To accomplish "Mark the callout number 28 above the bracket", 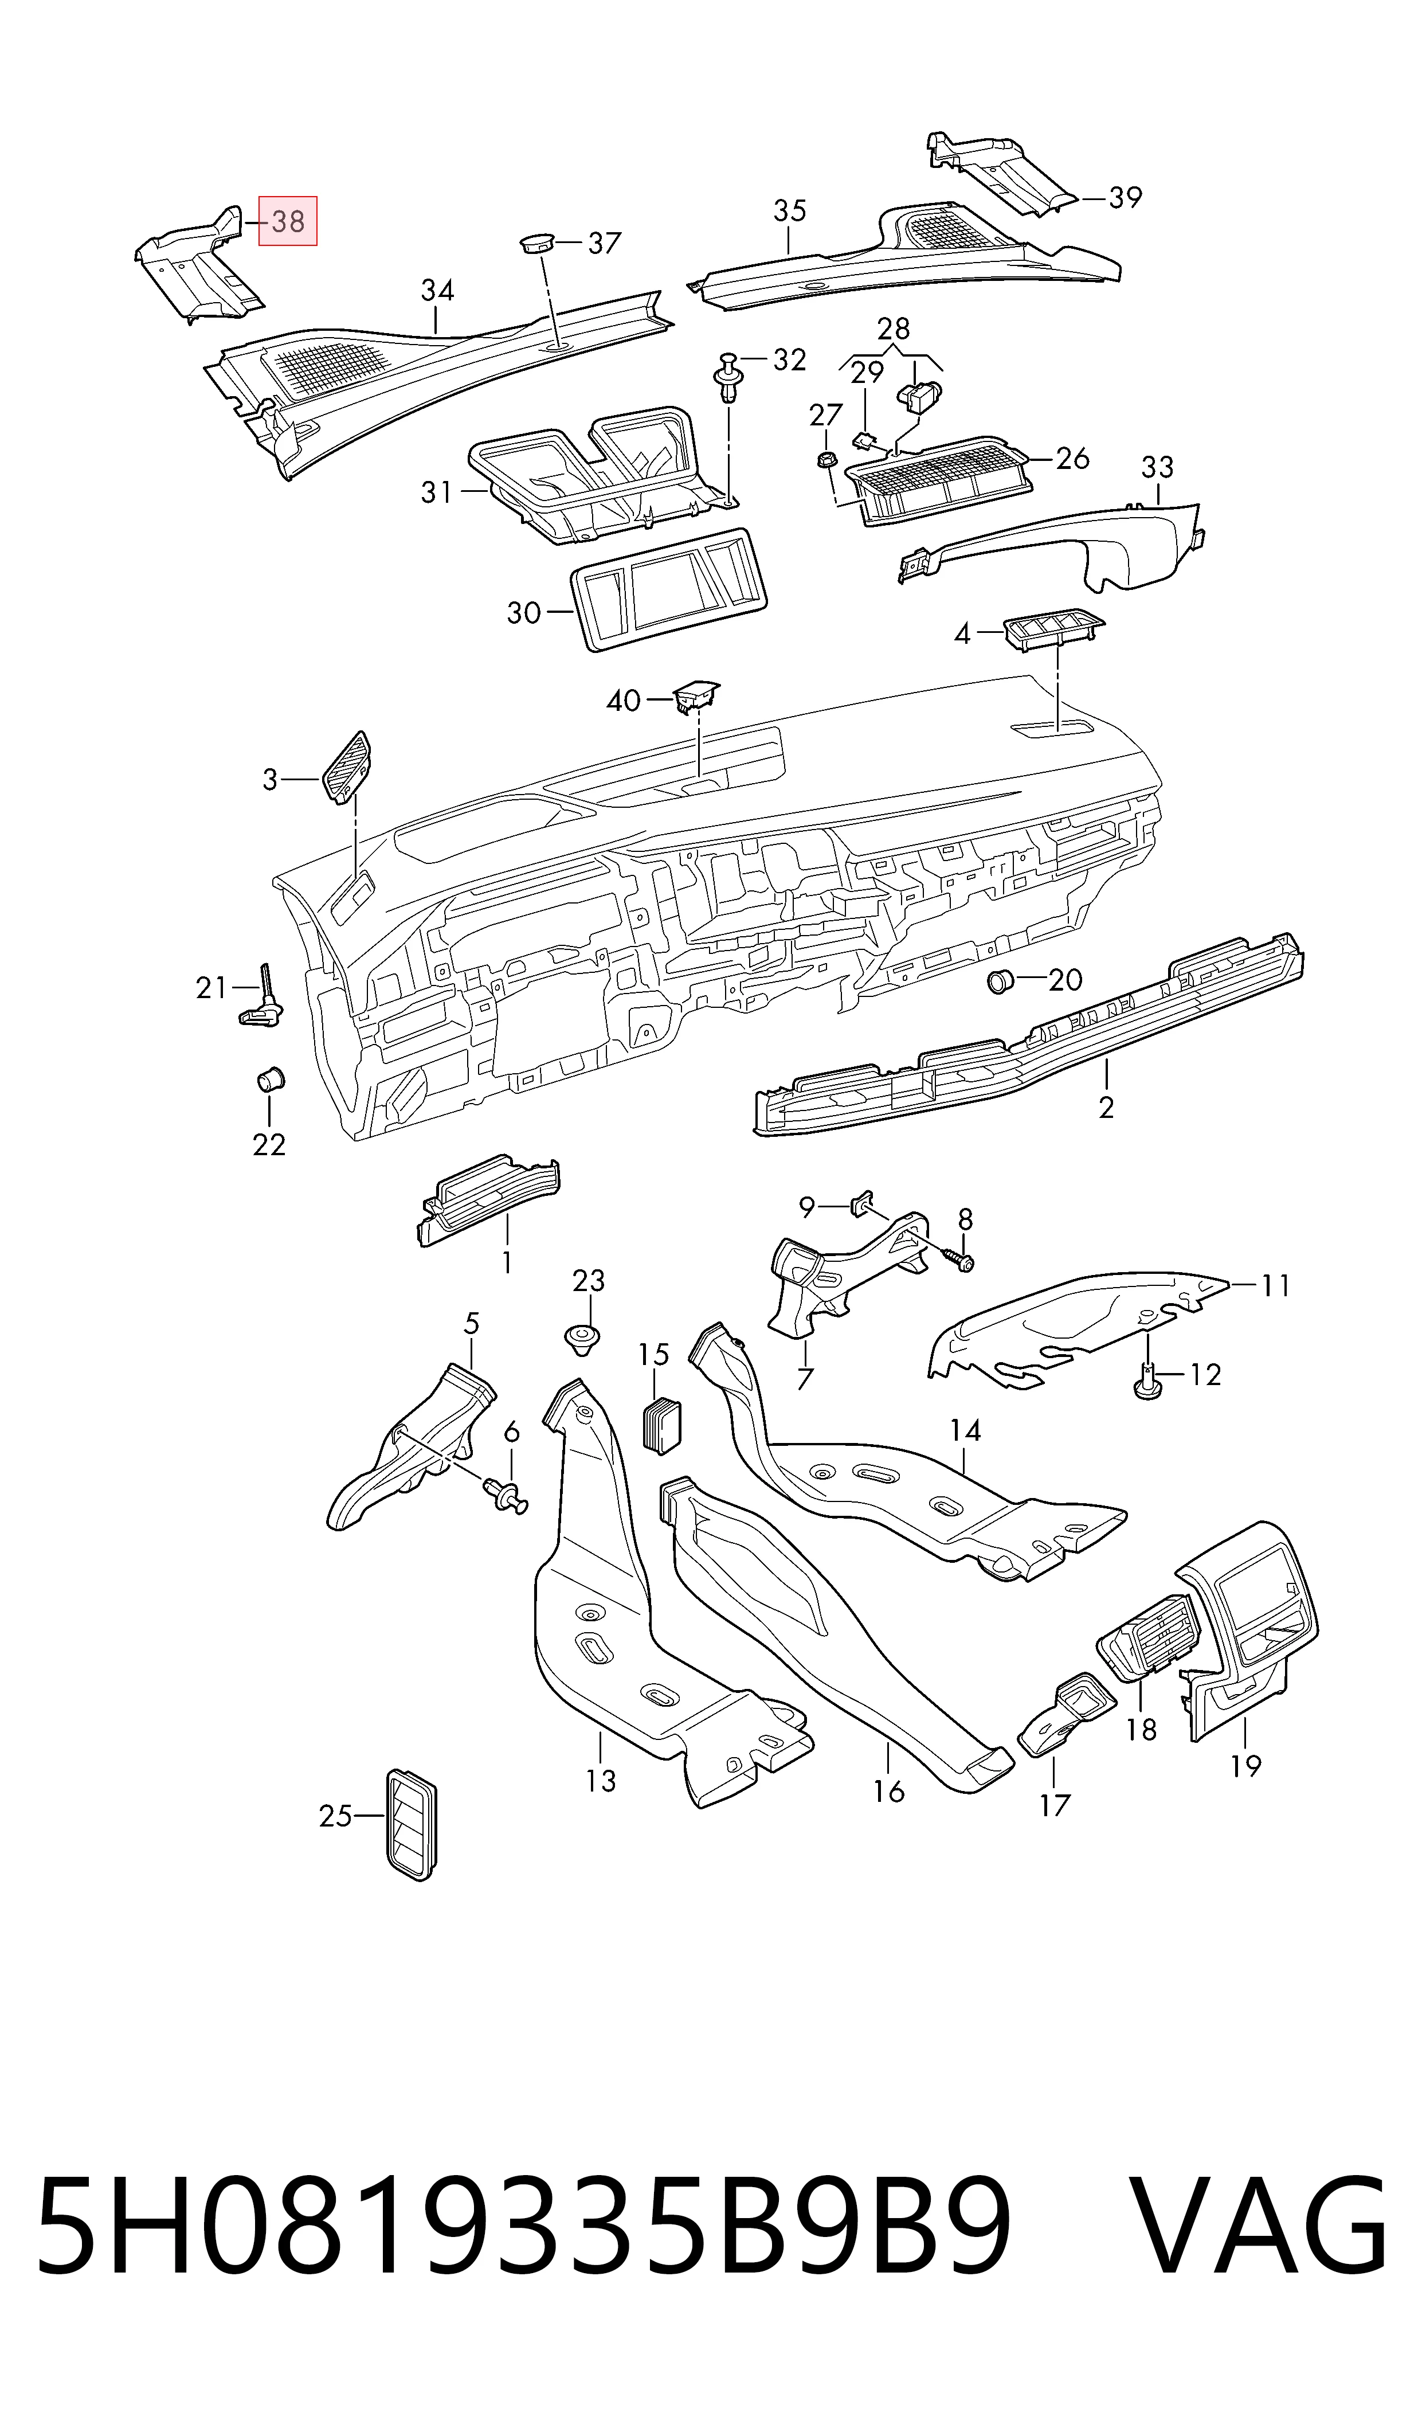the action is point(893,328).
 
